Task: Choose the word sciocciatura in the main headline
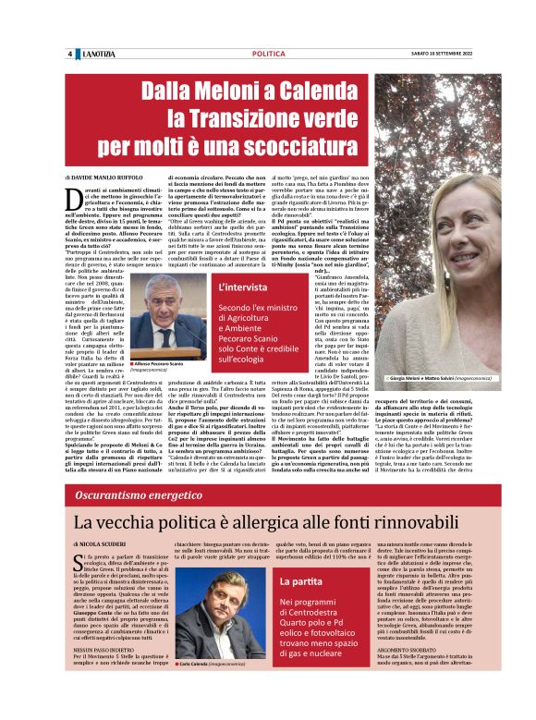point(280,145)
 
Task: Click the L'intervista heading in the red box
point(243,287)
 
